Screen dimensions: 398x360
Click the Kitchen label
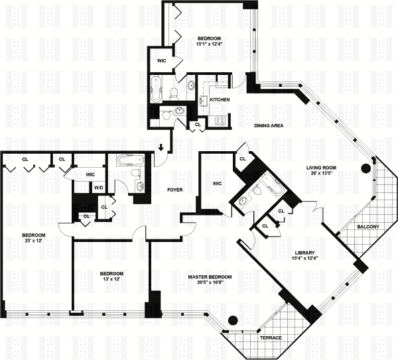tap(220, 99)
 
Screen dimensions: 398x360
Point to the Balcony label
tap(367, 227)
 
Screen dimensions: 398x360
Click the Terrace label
tap(271, 338)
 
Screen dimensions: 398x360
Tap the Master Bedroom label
tap(209, 276)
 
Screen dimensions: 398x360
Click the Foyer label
tap(175, 190)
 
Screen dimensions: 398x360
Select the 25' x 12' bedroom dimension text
tap(33, 243)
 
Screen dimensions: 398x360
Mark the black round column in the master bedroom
tap(232, 320)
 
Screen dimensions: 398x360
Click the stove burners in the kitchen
tap(219, 121)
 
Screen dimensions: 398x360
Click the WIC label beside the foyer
tap(217, 183)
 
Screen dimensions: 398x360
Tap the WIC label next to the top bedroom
tap(161, 61)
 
